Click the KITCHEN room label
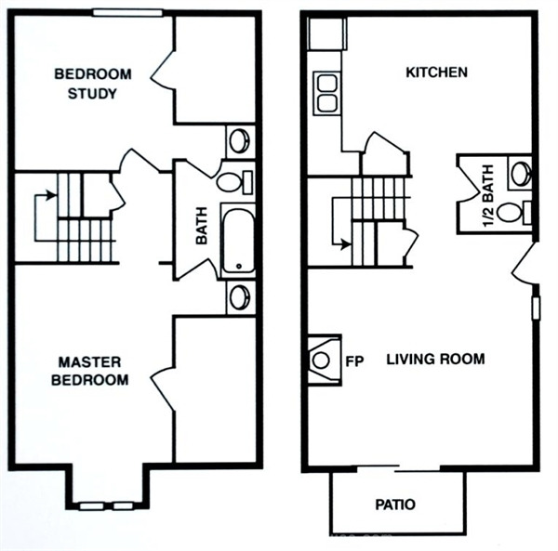(437, 72)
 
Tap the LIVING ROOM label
(435, 359)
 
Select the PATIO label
(395, 505)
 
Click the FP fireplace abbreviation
(355, 361)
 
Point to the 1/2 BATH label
(488, 195)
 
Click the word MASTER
(89, 362)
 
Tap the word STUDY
(92, 94)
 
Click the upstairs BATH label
(202, 226)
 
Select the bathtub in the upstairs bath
(238, 241)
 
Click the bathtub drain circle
(239, 266)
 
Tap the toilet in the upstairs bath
(235, 181)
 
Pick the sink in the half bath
(521, 173)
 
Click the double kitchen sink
(327, 94)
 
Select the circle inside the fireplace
(321, 361)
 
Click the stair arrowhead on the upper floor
(52, 195)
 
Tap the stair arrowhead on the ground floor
(346, 244)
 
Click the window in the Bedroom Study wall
(127, 13)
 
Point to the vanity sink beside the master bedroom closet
(240, 297)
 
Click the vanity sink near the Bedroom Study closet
(240, 141)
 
